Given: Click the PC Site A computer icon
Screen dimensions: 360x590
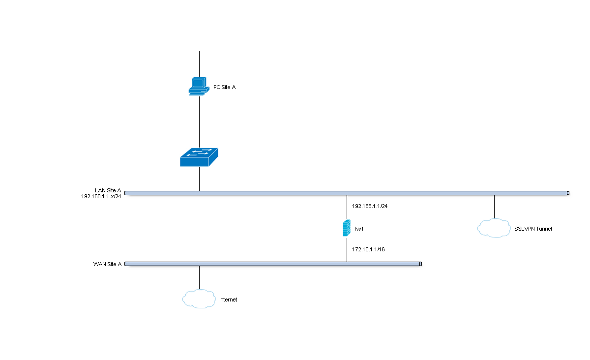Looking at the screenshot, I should (198, 86).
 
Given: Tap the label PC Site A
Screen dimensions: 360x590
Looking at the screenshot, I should (224, 87).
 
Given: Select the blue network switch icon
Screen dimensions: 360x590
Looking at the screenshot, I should (199, 157).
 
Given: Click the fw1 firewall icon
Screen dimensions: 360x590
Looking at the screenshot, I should (347, 228).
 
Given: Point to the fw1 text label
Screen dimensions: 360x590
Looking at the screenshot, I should (359, 229).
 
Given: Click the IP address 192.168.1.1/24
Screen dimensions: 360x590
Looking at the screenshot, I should (370, 206).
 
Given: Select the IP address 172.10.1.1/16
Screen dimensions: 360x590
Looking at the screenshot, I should (368, 250).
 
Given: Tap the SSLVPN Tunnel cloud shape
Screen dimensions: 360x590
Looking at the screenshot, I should (494, 228).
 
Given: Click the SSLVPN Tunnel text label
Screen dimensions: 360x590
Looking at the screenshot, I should (533, 229).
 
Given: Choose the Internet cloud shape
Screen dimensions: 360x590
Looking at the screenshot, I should (199, 299).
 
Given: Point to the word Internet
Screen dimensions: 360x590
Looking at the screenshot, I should (228, 300).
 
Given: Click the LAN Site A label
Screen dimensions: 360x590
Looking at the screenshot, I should (108, 190).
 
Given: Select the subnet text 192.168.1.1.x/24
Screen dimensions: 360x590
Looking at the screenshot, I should (101, 196).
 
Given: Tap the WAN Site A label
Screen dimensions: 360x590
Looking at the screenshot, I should (107, 264).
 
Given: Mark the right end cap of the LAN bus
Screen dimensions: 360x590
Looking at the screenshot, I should (567, 193).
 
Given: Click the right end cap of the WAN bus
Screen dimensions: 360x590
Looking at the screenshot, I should (420, 264).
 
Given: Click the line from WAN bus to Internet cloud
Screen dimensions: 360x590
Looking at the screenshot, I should (199, 278).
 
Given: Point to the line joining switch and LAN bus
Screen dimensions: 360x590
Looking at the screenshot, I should (199, 179).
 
